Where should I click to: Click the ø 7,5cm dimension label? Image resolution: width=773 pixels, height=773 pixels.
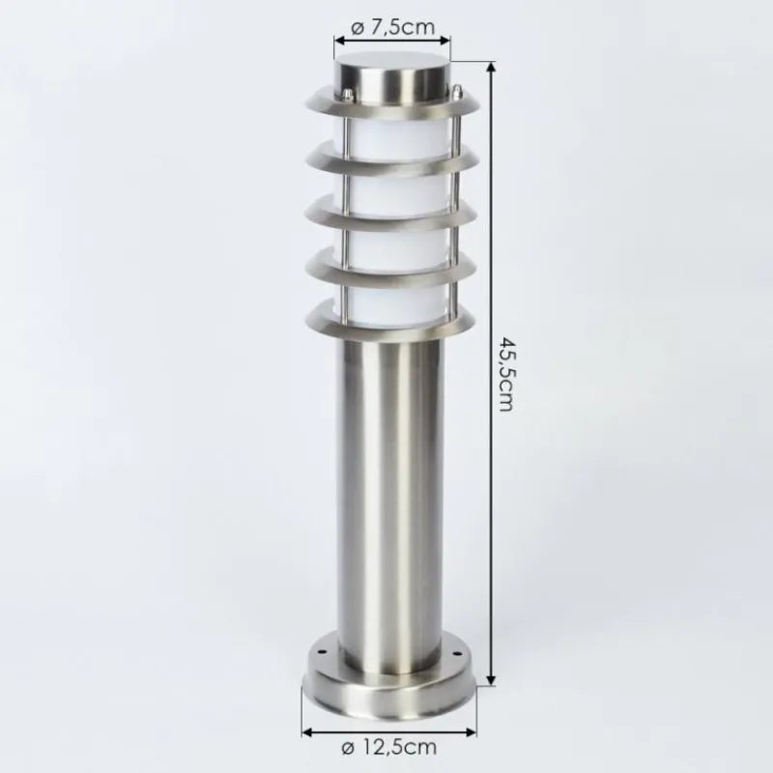pos(393,28)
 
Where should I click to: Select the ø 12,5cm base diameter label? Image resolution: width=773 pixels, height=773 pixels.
pos(389,747)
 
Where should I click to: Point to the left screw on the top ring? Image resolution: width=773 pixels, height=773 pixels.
pos(348,94)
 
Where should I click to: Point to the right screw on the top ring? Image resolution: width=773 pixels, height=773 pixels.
pos(457,91)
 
